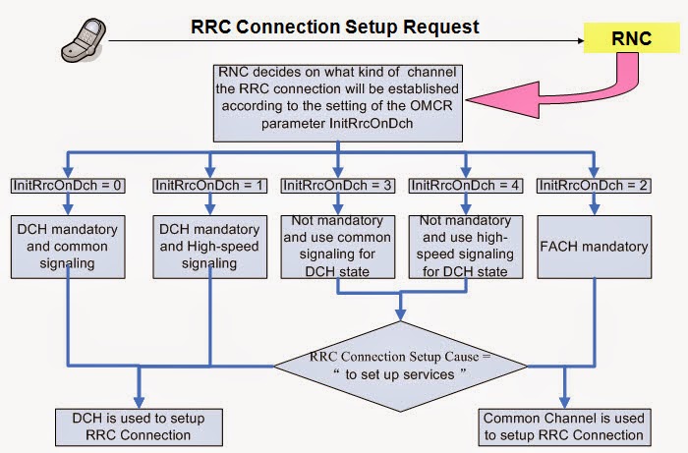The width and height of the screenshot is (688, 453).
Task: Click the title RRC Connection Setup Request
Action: [x=335, y=27]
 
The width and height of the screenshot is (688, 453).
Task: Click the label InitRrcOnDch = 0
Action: [x=64, y=185]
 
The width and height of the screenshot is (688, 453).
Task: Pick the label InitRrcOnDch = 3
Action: [x=337, y=185]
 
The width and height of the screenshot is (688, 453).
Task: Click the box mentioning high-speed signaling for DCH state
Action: [x=465, y=245]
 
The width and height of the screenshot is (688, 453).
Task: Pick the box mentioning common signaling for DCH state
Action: [x=337, y=245]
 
